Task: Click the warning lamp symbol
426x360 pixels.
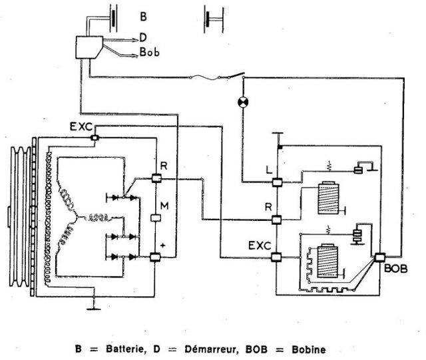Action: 243,102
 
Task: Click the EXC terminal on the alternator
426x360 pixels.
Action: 95,137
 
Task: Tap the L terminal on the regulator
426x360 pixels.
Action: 278,181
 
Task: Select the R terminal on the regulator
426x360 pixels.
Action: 278,219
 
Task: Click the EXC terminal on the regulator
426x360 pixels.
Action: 278,258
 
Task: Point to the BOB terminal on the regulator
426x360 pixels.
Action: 381,258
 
